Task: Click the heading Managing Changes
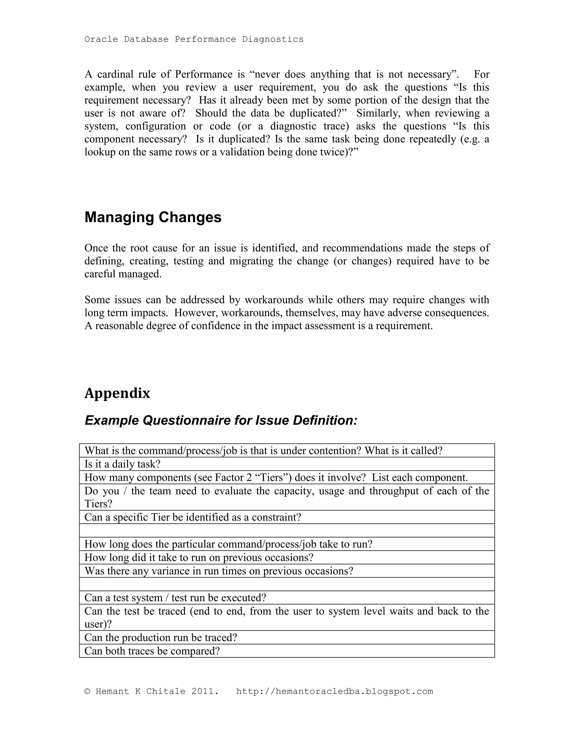153,217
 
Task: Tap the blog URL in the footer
335,691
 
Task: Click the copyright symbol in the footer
87,691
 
